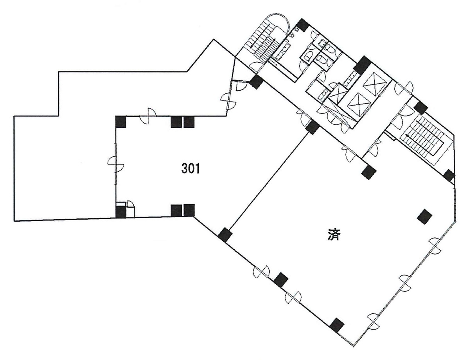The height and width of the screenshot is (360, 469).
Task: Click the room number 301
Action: pyautogui.click(x=190, y=169)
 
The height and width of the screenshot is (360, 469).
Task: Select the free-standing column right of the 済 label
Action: pyautogui.click(x=425, y=216)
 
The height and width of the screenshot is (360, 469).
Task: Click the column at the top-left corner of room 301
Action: pyautogui.click(x=121, y=122)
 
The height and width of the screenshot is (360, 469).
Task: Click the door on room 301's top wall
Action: pyautogui.click(x=149, y=116)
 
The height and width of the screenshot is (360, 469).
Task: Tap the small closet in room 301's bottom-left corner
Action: pyautogui.click(x=130, y=209)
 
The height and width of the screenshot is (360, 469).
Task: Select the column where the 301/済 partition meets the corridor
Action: pyautogui.click(x=313, y=127)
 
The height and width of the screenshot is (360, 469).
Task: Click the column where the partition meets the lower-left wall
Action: pyautogui.click(x=225, y=235)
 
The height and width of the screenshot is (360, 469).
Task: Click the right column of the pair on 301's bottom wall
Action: pyautogui.click(x=189, y=210)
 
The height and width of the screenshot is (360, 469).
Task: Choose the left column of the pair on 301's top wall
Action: pyautogui.click(x=176, y=122)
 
